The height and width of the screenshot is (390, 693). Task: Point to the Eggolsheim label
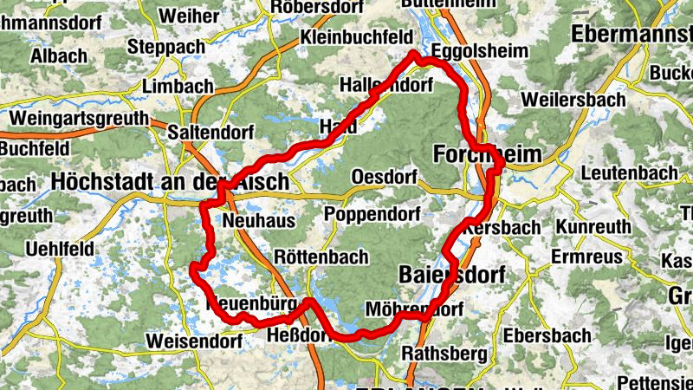pyautogui.click(x=478, y=51)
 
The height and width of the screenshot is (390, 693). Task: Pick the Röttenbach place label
pyautogui.click(x=321, y=257)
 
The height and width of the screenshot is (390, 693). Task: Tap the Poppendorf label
pyautogui.click(x=372, y=214)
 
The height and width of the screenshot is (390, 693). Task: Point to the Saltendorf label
pyautogui.click(x=210, y=133)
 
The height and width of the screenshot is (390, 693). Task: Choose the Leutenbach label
pyautogui.click(x=630, y=172)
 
